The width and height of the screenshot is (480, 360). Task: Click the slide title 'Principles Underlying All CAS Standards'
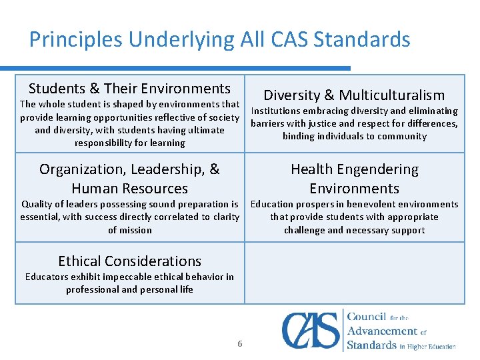[219, 40]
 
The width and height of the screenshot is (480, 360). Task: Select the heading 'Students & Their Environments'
[129, 89]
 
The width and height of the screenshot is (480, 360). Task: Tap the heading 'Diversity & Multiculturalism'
[354, 95]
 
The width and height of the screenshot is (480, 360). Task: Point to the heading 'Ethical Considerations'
[129, 261]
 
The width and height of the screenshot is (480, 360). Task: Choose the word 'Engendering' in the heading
[377, 170]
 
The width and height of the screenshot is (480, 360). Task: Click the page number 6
[240, 344]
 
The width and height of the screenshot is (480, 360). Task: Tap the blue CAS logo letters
[311, 330]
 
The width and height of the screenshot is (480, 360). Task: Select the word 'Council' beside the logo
[371, 317]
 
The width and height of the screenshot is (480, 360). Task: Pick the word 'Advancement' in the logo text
[383, 331]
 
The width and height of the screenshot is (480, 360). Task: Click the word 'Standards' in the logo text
[372, 345]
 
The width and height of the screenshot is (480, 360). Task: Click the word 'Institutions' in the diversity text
[277, 111]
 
